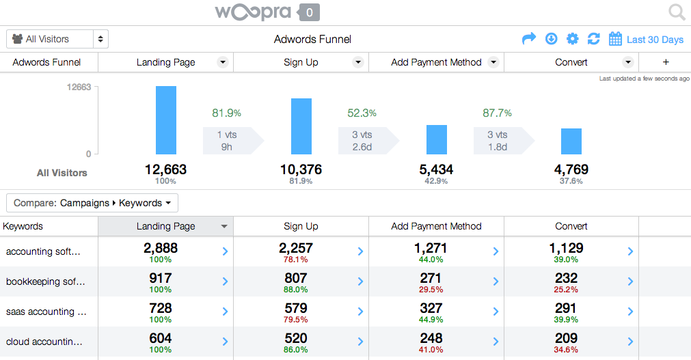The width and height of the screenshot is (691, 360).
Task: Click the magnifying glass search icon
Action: click(x=677, y=12)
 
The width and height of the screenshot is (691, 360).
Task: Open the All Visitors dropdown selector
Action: click(x=57, y=39)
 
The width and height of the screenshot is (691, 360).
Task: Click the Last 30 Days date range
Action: click(x=647, y=39)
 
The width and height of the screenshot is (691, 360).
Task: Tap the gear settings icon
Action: click(x=573, y=39)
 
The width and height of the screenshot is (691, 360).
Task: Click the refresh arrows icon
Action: click(x=593, y=39)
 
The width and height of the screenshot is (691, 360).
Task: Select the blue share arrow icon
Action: click(x=529, y=39)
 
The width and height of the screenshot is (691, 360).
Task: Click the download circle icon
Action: click(x=552, y=39)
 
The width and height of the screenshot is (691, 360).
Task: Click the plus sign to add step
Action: click(x=666, y=62)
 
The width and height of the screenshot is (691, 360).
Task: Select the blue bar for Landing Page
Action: click(x=166, y=120)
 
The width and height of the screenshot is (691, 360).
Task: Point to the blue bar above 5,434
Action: click(x=437, y=139)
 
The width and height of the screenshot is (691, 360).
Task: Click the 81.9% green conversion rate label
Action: click(x=226, y=113)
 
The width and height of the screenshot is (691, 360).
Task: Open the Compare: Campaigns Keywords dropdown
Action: click(x=92, y=203)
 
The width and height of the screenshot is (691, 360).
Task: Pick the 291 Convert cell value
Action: click(x=567, y=308)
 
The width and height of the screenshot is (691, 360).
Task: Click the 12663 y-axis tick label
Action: click(x=78, y=87)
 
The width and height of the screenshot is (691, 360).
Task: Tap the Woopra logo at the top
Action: click(x=253, y=12)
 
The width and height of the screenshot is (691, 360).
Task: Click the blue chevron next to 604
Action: click(x=225, y=342)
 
